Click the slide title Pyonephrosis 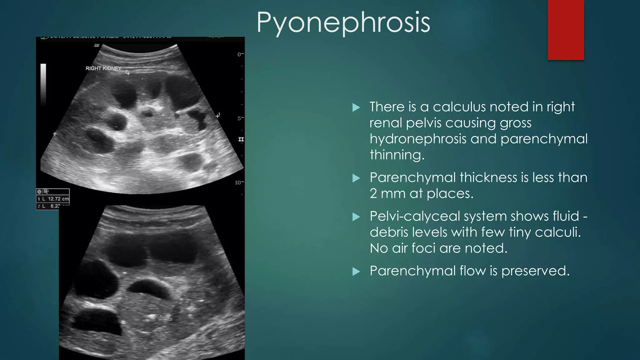point(343,22)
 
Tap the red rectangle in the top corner point(566,30)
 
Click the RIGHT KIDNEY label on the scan point(103,68)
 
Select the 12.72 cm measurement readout point(58,199)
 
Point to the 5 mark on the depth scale point(239,118)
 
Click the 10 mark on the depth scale point(238,182)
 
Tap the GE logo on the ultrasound point(97,46)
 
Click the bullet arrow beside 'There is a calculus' point(356,108)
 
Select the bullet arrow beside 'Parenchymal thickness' point(356,178)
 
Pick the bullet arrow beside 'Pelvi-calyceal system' point(356,217)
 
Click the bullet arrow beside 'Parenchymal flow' point(356,271)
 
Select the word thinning point(397,155)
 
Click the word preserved point(535,271)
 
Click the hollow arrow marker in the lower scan point(165,318)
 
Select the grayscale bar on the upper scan point(43,84)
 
